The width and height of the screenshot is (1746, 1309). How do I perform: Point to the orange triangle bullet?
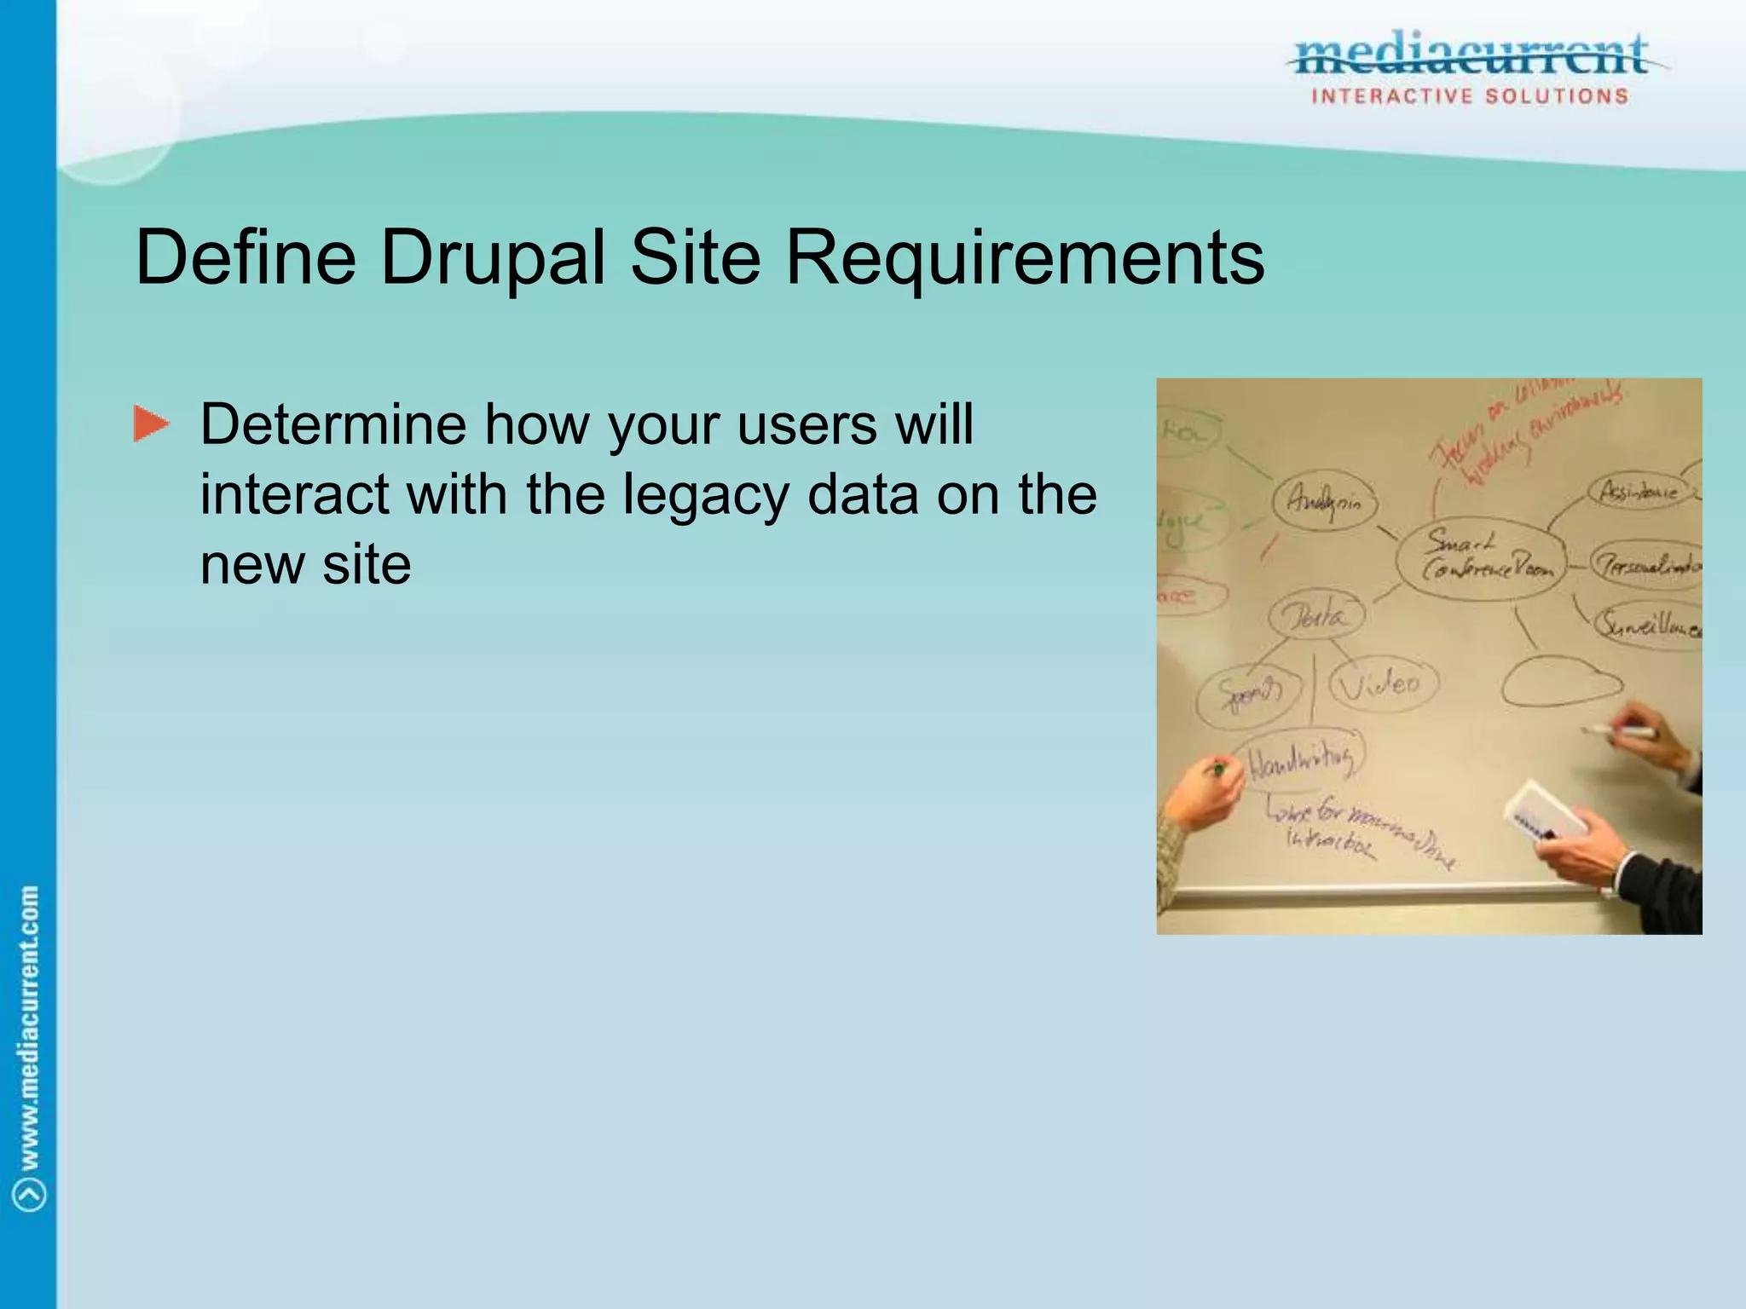click(x=151, y=424)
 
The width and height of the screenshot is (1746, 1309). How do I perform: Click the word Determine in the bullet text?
click(x=333, y=424)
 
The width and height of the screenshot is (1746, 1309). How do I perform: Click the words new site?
click(x=305, y=565)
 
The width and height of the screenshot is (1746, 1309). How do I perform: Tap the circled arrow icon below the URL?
click(x=31, y=1194)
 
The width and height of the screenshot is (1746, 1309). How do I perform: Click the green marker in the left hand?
click(x=1219, y=770)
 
